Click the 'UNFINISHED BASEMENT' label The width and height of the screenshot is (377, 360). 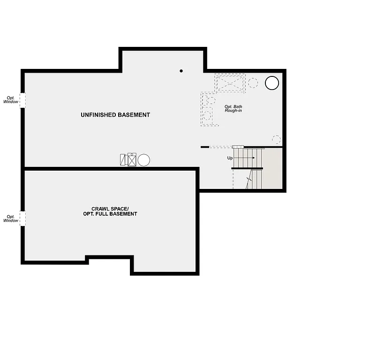click(115, 115)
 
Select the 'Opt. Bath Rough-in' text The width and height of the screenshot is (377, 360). click(233, 108)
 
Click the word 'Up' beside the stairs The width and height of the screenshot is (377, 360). click(230, 158)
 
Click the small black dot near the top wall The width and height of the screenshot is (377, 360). click(181, 71)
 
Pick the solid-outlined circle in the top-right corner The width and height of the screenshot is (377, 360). click(272, 83)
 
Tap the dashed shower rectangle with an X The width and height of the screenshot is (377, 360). click(230, 83)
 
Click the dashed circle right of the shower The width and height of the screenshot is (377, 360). click(253, 83)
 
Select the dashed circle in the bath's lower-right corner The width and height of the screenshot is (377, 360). click(276, 140)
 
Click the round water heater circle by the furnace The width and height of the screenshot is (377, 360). click(143, 160)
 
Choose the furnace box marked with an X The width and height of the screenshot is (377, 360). click(132, 160)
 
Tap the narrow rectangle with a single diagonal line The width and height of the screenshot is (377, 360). click(123, 160)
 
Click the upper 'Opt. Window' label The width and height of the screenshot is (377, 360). click(11, 99)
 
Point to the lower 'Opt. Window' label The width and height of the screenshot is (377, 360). click(11, 218)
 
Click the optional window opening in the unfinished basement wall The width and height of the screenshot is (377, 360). click(23, 100)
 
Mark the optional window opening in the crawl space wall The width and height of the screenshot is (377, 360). click(23, 218)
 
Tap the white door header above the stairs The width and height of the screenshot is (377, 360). click(238, 147)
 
